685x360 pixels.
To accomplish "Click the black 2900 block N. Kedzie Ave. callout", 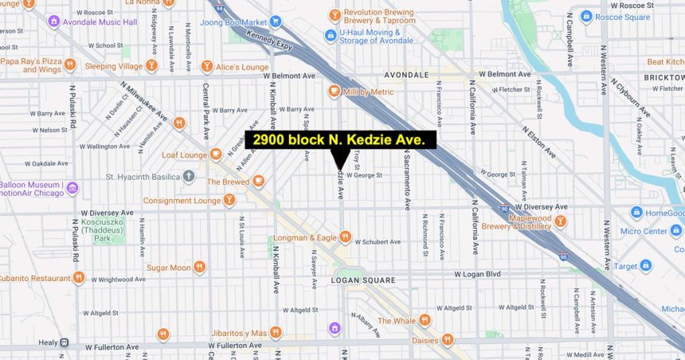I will pos(341,140).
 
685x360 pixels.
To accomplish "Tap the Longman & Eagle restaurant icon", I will pos(345,236).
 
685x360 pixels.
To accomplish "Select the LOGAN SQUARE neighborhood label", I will pos(362,280).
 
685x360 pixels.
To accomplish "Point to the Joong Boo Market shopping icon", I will pos(276,22).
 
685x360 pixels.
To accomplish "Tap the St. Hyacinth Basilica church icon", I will pos(189,176).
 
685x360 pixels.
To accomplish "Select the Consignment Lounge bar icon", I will pos(229,201).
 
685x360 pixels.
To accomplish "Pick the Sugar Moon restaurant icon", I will pos(199,267).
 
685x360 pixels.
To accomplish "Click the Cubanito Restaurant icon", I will pos(78,278).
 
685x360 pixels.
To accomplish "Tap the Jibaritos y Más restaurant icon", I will pos(276,332).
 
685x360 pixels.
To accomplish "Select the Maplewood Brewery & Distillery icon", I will pos(561,221).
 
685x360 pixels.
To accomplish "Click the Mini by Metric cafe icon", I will pos(335,92).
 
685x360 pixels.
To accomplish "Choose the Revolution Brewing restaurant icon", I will pos(335,15).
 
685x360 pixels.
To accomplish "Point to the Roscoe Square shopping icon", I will pos(586,15).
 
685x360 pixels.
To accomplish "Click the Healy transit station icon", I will pos(65,342).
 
